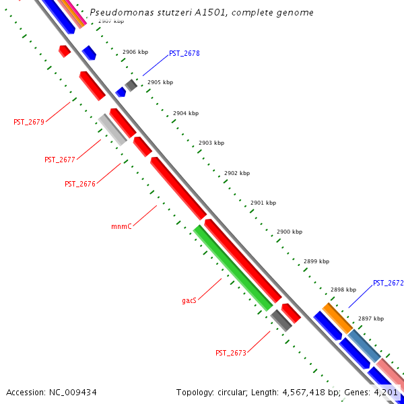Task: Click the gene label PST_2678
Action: (x=184, y=53)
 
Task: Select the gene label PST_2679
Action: (x=29, y=122)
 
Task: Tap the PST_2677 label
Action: (x=60, y=160)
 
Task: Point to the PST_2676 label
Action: (x=80, y=184)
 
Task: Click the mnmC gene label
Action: (x=121, y=227)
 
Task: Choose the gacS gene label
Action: (x=189, y=300)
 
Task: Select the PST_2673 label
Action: (x=231, y=353)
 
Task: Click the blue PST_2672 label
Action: (x=388, y=283)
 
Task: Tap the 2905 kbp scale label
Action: (x=160, y=82)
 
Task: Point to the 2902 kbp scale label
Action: (x=237, y=173)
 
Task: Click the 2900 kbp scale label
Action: (x=290, y=232)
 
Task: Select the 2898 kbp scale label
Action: (x=343, y=290)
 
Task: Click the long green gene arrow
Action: (x=232, y=267)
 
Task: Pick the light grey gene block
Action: (x=112, y=129)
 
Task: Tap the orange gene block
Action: (x=337, y=318)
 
